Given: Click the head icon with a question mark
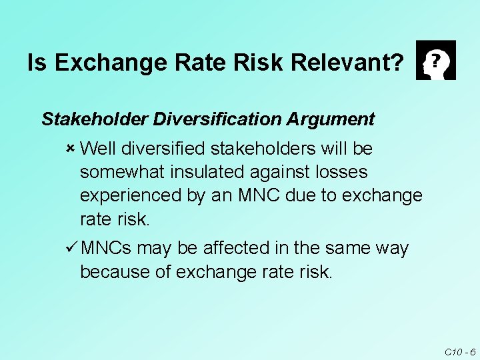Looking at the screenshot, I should tap(435, 60).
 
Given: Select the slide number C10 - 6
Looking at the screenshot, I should tap(459, 351).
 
